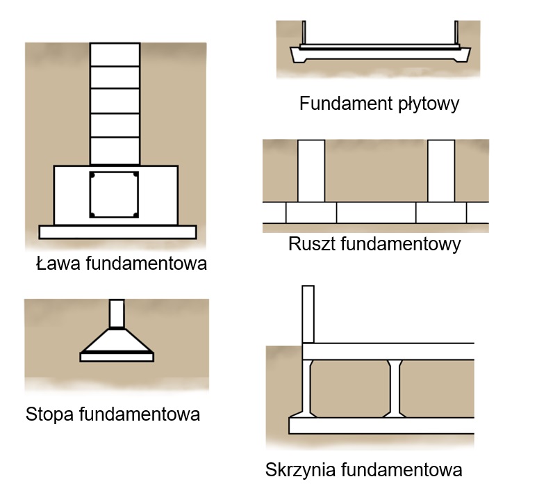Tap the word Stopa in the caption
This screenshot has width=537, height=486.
tap(51, 415)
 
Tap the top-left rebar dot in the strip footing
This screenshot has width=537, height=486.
tap(92, 175)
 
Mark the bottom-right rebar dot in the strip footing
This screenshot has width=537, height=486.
tap(137, 214)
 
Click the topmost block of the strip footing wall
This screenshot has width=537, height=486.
tap(115, 54)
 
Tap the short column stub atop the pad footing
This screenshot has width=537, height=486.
tap(117, 313)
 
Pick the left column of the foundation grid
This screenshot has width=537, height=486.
tap(311, 170)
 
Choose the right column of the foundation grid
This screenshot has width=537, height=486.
tap(441, 170)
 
